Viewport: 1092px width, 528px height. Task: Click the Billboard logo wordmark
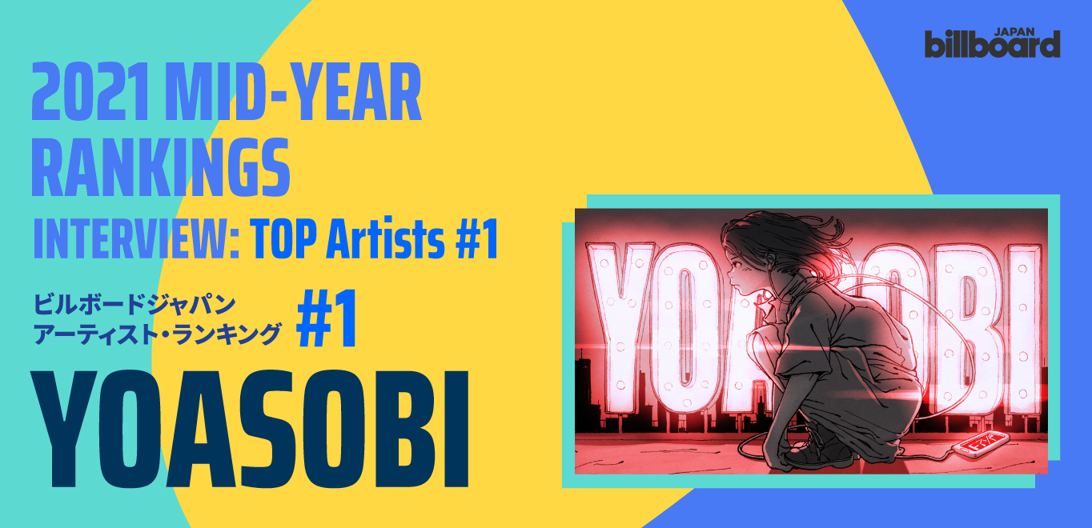tap(992, 44)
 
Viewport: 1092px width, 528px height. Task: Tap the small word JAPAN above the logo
tap(1015, 32)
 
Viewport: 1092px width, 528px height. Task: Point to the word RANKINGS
tap(161, 167)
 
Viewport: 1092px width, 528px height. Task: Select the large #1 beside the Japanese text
tap(327, 318)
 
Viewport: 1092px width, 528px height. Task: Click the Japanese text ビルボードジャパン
tap(134, 305)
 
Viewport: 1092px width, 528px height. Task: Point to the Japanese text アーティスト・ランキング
tap(157, 334)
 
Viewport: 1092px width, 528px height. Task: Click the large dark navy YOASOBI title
tap(250, 430)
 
